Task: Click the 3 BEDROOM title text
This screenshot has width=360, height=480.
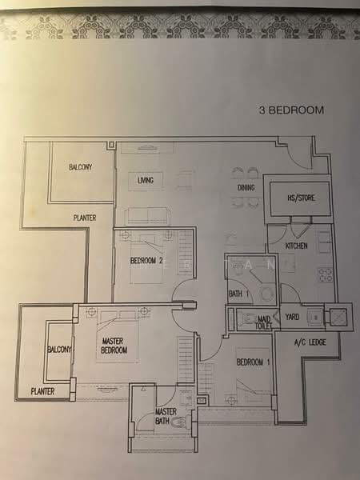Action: [x=292, y=110]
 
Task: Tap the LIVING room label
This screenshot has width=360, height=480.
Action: [x=145, y=181]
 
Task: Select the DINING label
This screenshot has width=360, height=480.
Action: [x=246, y=189]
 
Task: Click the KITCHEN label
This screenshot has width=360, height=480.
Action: [x=297, y=246]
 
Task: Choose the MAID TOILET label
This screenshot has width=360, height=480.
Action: [x=263, y=322]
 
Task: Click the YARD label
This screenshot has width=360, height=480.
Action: [x=290, y=317]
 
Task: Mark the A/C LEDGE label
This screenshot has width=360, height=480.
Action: [x=310, y=343]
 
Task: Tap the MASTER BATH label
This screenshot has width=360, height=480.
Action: [x=166, y=417]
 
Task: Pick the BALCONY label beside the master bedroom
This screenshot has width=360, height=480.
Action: [x=59, y=350]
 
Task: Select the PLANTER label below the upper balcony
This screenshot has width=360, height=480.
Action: [x=86, y=217]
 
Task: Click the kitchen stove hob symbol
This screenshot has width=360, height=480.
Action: [x=325, y=274]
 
